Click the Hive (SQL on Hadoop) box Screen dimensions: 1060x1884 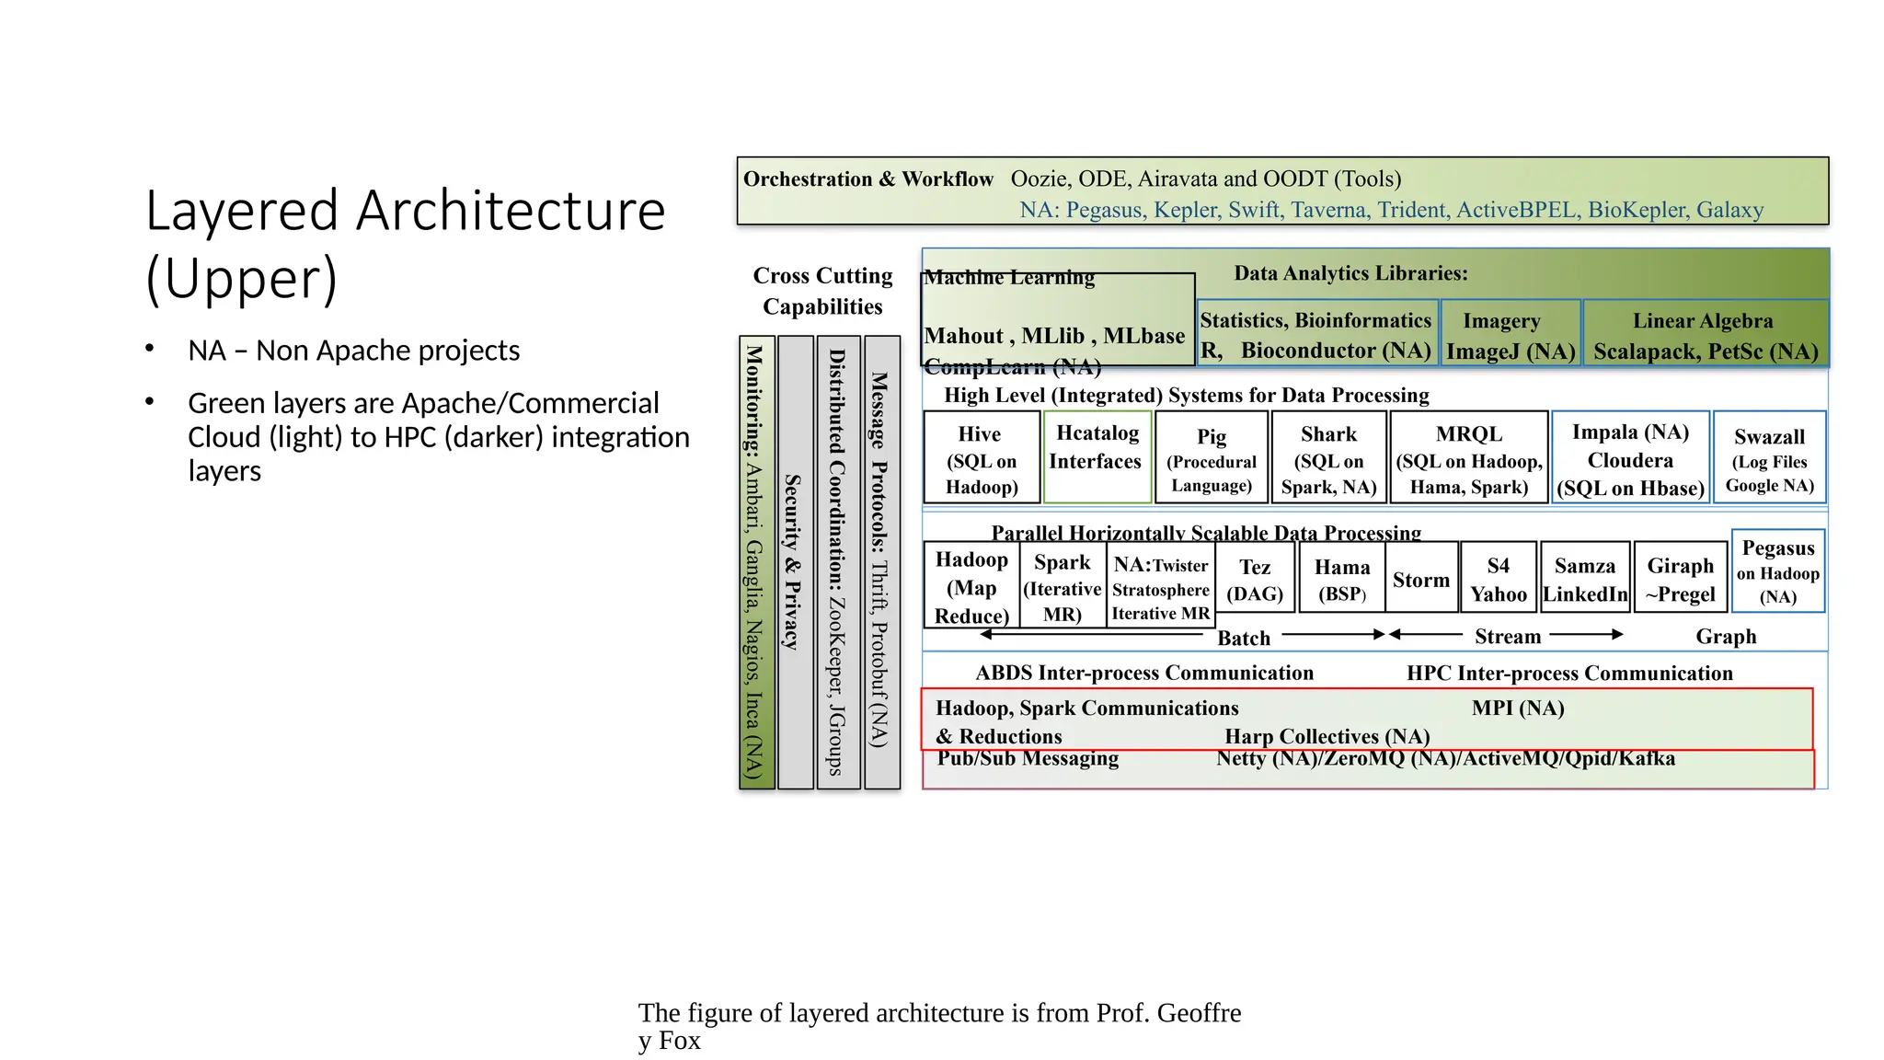click(x=982, y=458)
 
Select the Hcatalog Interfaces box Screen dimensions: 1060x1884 click(x=1097, y=456)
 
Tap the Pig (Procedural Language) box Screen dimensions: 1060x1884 click(x=1212, y=458)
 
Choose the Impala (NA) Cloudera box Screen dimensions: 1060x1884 click(x=1630, y=458)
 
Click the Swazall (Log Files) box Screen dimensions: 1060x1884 click(x=1769, y=458)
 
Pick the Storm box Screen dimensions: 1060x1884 click(x=1421, y=579)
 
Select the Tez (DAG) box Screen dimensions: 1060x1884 click(x=1255, y=579)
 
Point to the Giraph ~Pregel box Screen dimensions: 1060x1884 click(x=1681, y=579)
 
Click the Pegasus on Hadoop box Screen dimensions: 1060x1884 click(x=1778, y=571)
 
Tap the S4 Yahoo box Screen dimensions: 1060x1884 click(x=1498, y=579)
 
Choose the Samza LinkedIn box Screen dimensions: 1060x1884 click(x=1585, y=579)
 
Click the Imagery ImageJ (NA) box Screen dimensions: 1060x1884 click(x=1511, y=334)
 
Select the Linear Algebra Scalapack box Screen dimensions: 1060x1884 click(x=1706, y=334)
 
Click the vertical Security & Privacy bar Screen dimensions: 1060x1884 click(x=795, y=562)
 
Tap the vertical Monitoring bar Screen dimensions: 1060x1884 click(x=756, y=562)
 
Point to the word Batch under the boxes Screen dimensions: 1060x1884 click(x=1244, y=638)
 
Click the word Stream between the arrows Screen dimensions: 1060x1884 click(x=1508, y=636)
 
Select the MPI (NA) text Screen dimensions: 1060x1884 click(x=1518, y=708)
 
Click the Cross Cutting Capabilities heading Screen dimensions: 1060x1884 click(x=822, y=291)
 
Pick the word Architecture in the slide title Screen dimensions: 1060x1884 click(x=511, y=212)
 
